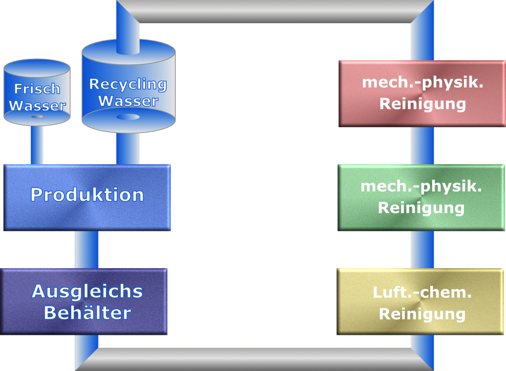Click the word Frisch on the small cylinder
(37, 89)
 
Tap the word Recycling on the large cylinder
(128, 84)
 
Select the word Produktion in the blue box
(87, 195)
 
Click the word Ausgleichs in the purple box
(87, 291)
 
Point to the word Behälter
(87, 313)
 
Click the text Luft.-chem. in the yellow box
(422, 292)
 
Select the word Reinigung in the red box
(422, 104)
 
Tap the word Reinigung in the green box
(421, 208)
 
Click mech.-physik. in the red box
(422, 82)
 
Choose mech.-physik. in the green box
(421, 186)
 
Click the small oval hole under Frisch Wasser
(37, 117)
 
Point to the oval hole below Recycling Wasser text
(128, 117)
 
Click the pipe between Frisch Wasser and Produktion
(37, 144)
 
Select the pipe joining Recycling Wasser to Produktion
(128, 148)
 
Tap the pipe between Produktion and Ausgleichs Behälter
(87, 250)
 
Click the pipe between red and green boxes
(422, 146)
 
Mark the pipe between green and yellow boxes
(422, 250)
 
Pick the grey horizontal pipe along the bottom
(255, 359)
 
